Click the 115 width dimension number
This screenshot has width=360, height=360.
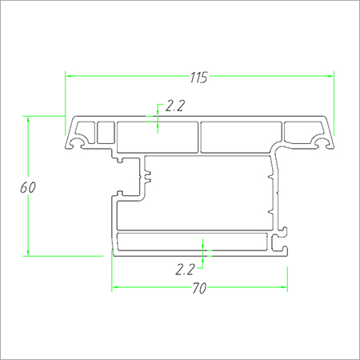(x=198, y=78)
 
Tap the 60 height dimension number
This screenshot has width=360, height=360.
(x=27, y=187)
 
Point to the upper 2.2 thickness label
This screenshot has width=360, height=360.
(x=174, y=105)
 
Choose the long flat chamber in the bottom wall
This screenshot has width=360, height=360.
(x=192, y=243)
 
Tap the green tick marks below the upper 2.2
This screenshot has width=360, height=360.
(x=158, y=123)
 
